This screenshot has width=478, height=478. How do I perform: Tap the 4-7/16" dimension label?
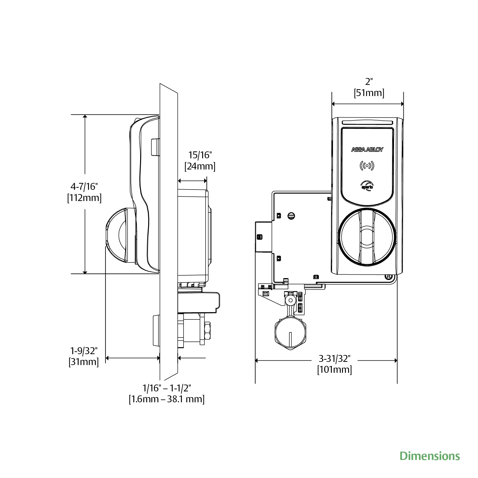[x=84, y=186]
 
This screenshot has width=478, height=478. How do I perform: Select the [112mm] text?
[x=84, y=198]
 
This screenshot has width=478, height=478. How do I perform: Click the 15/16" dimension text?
[x=200, y=155]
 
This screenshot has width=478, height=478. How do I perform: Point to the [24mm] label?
[x=200, y=166]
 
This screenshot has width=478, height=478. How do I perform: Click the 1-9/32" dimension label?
[x=84, y=351]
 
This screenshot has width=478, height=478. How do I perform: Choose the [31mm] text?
[x=84, y=362]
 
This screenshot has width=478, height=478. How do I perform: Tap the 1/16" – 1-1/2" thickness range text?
[x=167, y=388]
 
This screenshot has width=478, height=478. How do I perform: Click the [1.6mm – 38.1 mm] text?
[x=167, y=399]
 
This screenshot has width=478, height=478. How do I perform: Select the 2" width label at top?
[x=369, y=82]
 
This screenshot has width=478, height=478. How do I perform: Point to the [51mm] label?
[x=369, y=93]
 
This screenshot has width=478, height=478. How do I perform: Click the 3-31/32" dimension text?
[x=334, y=358]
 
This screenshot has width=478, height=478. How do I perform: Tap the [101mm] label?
[x=334, y=370]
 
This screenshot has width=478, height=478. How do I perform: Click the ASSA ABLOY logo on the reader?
[x=367, y=149]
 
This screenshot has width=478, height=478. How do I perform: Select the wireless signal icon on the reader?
[x=367, y=166]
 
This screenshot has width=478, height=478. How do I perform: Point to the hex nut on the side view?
[x=208, y=331]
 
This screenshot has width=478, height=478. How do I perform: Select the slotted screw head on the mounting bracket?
[x=291, y=216]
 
